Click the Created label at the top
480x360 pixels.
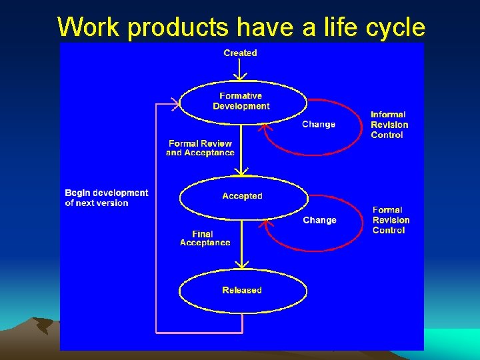point(240,53)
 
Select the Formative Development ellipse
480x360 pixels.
point(241,101)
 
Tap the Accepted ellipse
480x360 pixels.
point(242,196)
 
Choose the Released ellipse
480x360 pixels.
point(242,290)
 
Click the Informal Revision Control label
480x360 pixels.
point(389,125)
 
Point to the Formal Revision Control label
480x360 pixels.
point(391,220)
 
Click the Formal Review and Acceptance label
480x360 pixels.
point(200,148)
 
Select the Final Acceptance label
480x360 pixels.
point(205,238)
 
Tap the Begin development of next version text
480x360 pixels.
point(106,198)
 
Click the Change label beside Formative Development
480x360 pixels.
point(319,125)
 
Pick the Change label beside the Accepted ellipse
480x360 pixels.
point(319,220)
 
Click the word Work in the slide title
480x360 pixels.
point(89,27)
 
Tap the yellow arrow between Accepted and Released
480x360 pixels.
point(241,243)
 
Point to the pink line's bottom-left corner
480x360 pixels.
point(156,331)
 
